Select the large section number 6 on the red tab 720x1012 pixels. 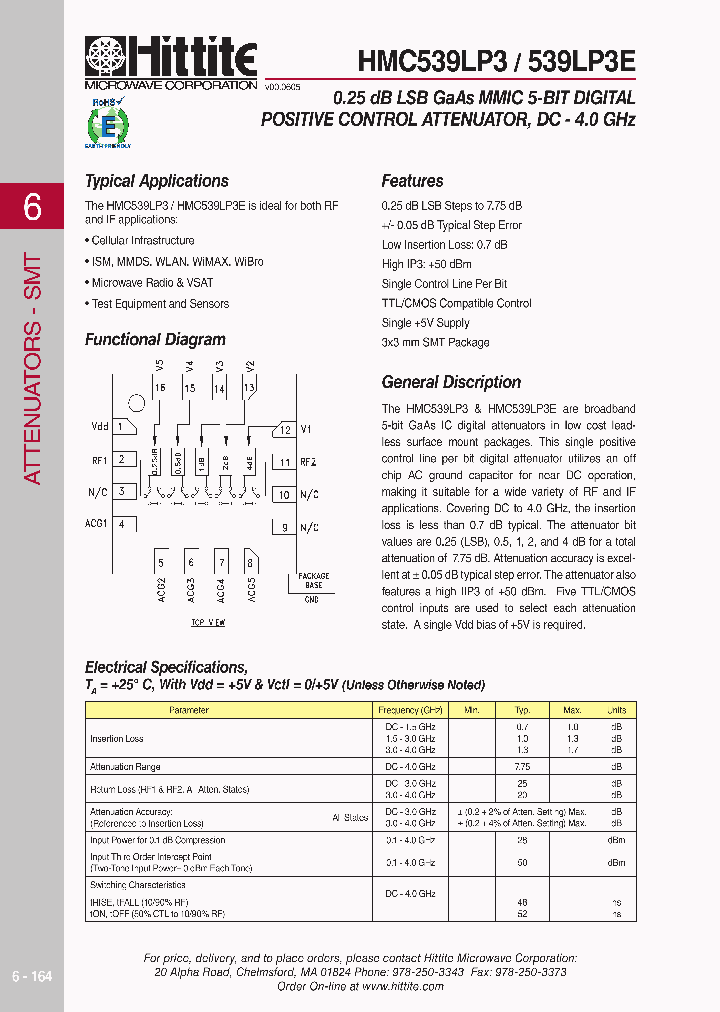pyautogui.click(x=32, y=207)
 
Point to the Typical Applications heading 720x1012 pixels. pyautogui.click(x=157, y=181)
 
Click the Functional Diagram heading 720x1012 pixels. pyautogui.click(x=155, y=339)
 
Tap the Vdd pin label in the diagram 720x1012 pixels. pyautogui.click(x=100, y=426)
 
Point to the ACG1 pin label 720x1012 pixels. pyautogui.click(x=96, y=523)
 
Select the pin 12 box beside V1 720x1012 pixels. pyautogui.click(x=284, y=430)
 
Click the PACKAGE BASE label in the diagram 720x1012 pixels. pyautogui.click(x=313, y=581)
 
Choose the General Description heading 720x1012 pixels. pyautogui.click(x=451, y=382)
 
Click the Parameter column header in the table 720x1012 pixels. pyautogui.click(x=189, y=710)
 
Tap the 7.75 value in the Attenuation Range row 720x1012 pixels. pyautogui.click(x=522, y=766)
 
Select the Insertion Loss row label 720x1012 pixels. pyautogui.click(x=117, y=739)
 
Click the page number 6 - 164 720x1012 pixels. pyautogui.click(x=32, y=976)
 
